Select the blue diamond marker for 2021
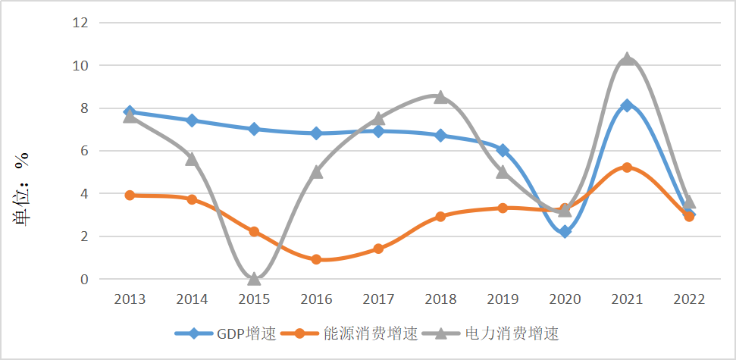tap(627, 105)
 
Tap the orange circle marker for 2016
tap(316, 259)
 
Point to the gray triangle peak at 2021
tap(627, 58)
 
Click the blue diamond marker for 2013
tap(130, 112)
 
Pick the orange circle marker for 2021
tap(627, 167)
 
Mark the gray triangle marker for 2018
tap(440, 97)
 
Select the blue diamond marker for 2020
tap(565, 232)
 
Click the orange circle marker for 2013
tap(130, 196)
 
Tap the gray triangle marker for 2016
tap(316, 172)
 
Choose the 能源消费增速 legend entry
tap(356, 333)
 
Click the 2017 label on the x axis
tap(378, 299)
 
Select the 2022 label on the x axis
tap(689, 299)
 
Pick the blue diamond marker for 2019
tap(503, 151)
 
